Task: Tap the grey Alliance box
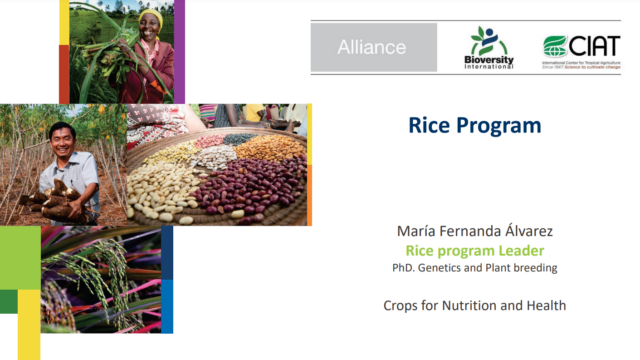372,47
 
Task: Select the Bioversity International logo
490,47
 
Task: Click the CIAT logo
581,47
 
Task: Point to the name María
418,232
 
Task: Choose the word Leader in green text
521,250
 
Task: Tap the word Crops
403,304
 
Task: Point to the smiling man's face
63,140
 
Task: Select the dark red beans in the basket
250,185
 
